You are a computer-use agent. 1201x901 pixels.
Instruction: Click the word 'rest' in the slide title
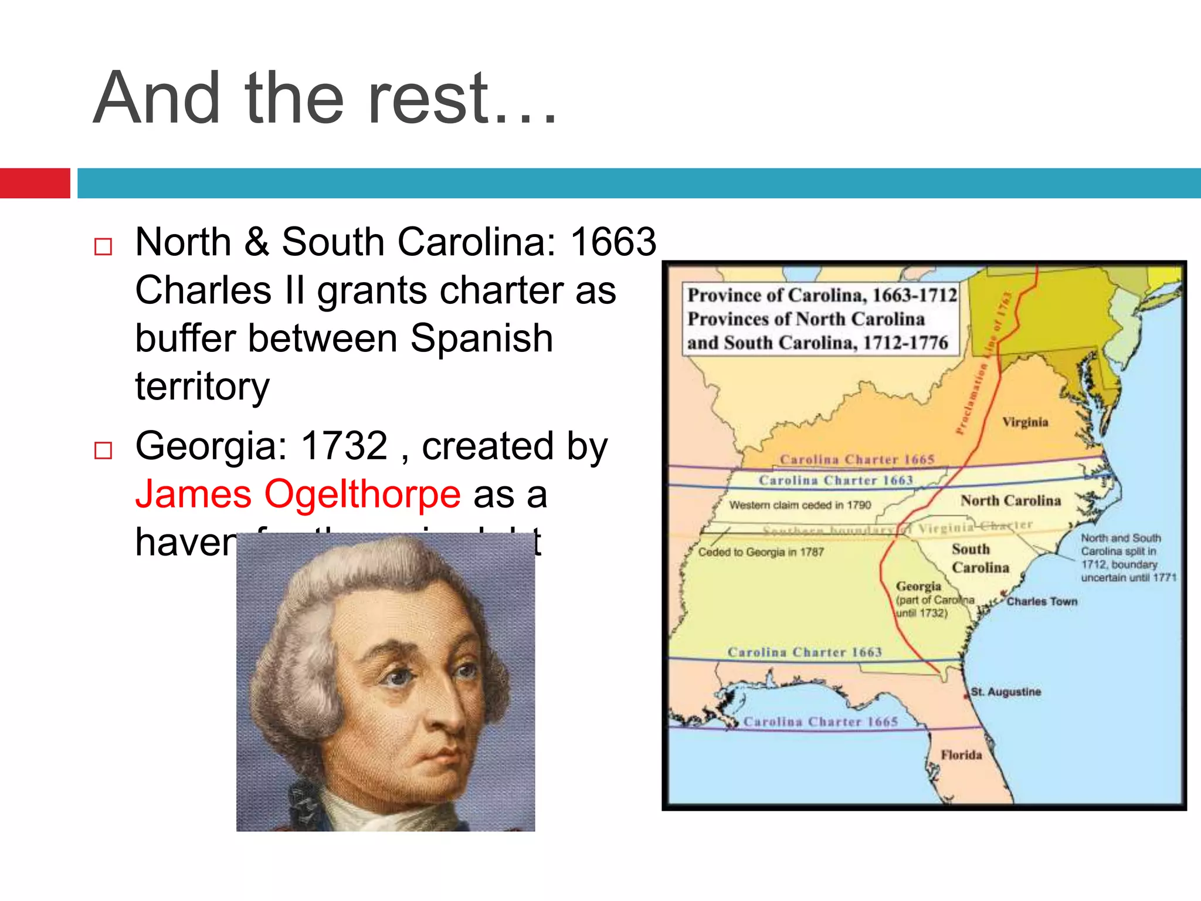click(x=428, y=99)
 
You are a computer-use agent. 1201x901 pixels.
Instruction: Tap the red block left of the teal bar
click(x=35, y=183)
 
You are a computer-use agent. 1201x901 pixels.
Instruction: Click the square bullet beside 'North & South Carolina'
click(x=103, y=246)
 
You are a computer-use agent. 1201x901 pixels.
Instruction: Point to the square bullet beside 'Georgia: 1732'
click(x=103, y=450)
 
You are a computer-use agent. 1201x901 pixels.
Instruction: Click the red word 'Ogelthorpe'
click(x=362, y=494)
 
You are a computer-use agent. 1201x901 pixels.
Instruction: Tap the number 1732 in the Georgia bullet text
click(x=344, y=446)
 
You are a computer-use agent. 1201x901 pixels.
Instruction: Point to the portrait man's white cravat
click(x=381, y=812)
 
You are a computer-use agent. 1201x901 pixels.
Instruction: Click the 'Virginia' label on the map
click(x=1024, y=422)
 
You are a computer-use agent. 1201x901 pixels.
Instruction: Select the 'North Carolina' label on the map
click(x=1010, y=500)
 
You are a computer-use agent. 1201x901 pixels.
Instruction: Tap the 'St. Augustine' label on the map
click(x=1005, y=692)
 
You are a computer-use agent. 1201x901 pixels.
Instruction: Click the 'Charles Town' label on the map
click(x=1041, y=601)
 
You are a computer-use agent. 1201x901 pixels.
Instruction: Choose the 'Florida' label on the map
click(x=961, y=755)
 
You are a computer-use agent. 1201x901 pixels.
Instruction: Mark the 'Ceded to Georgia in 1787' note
click(x=761, y=552)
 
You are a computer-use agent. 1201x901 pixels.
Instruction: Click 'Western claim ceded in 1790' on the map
click(x=800, y=505)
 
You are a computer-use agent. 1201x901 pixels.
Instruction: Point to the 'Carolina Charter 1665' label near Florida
click(x=820, y=722)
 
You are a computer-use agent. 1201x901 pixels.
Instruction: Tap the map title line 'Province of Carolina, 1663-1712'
click(x=822, y=295)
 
